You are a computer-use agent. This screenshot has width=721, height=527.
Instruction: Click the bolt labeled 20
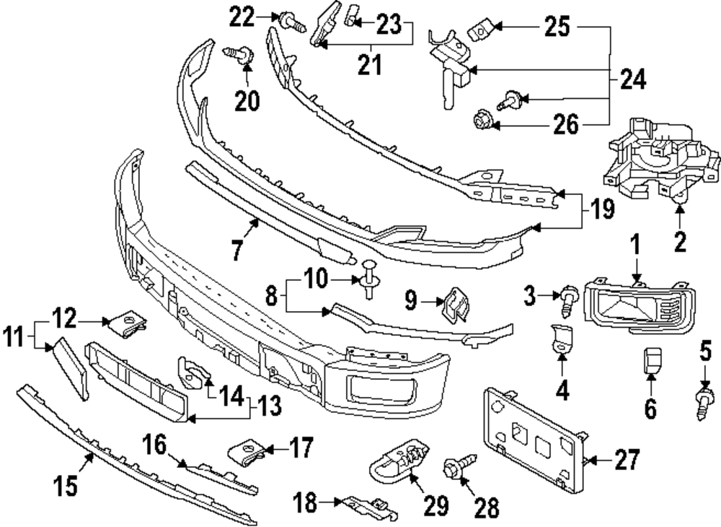click(240, 54)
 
